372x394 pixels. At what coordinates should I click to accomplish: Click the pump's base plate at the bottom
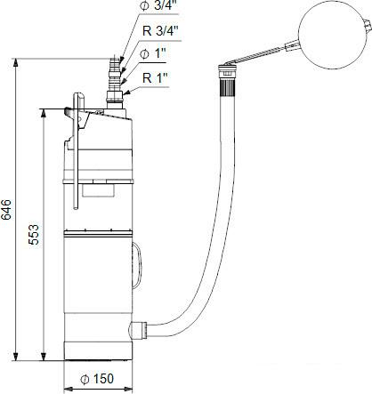pyautogui.click(x=101, y=357)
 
